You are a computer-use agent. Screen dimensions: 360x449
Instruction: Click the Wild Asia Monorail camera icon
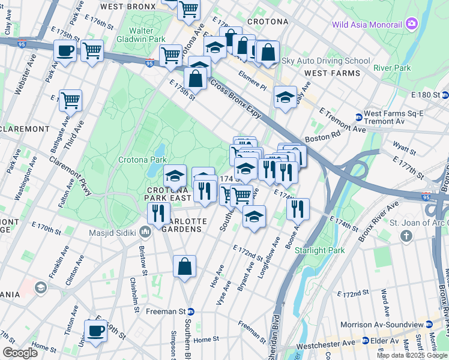(x=411, y=24)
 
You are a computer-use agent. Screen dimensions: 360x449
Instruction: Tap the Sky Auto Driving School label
(x=326, y=61)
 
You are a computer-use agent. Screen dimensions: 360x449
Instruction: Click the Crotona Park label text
(x=142, y=160)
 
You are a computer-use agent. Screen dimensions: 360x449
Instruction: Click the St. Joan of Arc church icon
(x=406, y=236)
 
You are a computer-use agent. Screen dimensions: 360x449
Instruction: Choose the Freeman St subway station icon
(x=191, y=311)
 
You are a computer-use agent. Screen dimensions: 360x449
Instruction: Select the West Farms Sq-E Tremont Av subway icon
(x=358, y=117)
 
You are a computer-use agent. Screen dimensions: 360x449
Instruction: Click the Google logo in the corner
(x=20, y=352)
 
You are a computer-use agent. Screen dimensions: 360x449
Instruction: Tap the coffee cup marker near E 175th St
(x=65, y=52)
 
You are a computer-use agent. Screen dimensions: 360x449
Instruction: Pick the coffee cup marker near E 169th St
(x=95, y=330)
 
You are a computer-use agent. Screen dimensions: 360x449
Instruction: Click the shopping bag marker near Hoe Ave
(x=185, y=266)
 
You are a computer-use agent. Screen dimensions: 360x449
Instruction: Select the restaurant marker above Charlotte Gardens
(x=159, y=214)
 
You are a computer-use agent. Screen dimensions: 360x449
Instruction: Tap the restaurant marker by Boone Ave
(x=298, y=209)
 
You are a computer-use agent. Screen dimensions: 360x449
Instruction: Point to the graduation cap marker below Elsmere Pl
(x=285, y=97)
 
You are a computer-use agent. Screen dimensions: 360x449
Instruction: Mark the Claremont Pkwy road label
(x=71, y=173)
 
